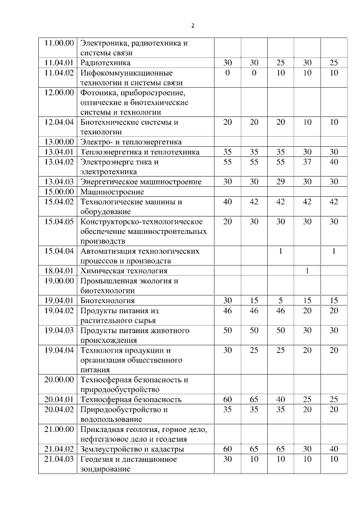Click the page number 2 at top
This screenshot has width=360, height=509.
[x=193, y=25]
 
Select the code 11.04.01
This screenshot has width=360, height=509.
[x=59, y=62]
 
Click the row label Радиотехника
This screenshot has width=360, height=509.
[x=106, y=62]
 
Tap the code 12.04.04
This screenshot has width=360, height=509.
[x=59, y=122]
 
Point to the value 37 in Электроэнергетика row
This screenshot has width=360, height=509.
[x=307, y=162]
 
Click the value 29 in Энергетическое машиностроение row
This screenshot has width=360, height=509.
[x=281, y=182]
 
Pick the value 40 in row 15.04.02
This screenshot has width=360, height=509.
[x=227, y=201]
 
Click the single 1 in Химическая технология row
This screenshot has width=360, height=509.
[x=307, y=271]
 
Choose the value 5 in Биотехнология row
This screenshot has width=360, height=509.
[x=281, y=300]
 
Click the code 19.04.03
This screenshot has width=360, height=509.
[x=59, y=330]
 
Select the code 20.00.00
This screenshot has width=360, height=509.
[x=59, y=380]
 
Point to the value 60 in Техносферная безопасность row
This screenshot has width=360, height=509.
[x=227, y=399]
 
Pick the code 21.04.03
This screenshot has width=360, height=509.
[x=59, y=459]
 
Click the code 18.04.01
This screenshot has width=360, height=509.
[x=59, y=271]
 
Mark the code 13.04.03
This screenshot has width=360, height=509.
[x=59, y=182]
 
